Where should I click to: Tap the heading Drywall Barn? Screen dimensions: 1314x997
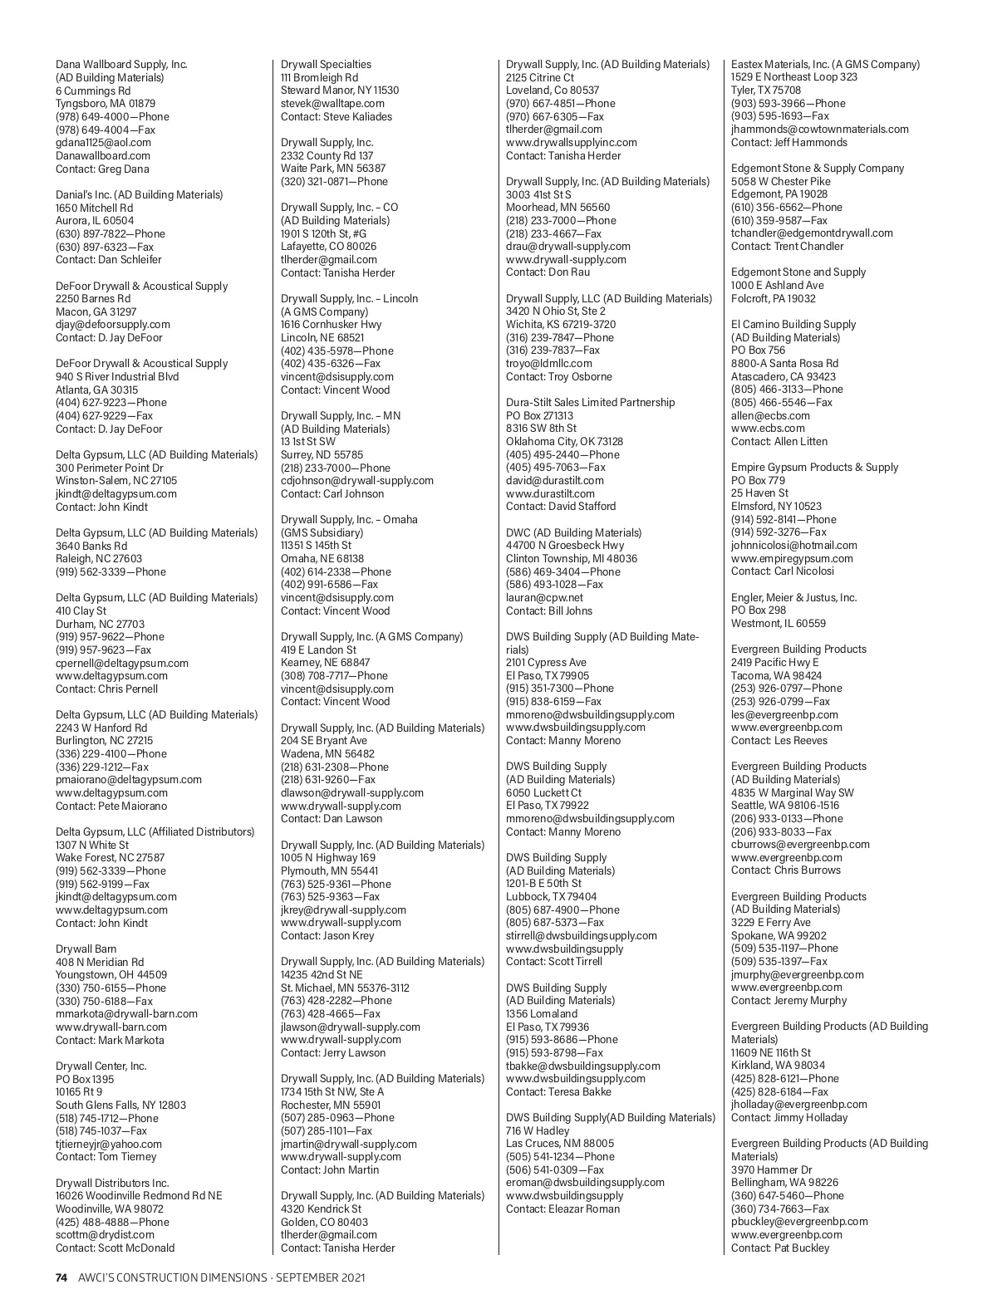point(86,949)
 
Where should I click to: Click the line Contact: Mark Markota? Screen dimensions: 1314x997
point(110,1040)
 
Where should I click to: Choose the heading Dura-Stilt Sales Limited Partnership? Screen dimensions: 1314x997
point(590,403)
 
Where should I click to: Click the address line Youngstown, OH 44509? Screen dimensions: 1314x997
point(111,975)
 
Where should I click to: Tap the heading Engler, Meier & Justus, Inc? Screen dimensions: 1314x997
point(793,598)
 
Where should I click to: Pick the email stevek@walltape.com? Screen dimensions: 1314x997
point(332,104)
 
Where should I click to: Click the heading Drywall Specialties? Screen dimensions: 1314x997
point(326,65)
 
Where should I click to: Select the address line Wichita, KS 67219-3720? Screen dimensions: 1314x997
point(561,325)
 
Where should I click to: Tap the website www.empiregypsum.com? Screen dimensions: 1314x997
point(792,559)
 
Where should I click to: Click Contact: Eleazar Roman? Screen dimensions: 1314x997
point(562,1209)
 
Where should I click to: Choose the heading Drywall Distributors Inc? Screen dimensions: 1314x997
point(112,1183)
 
